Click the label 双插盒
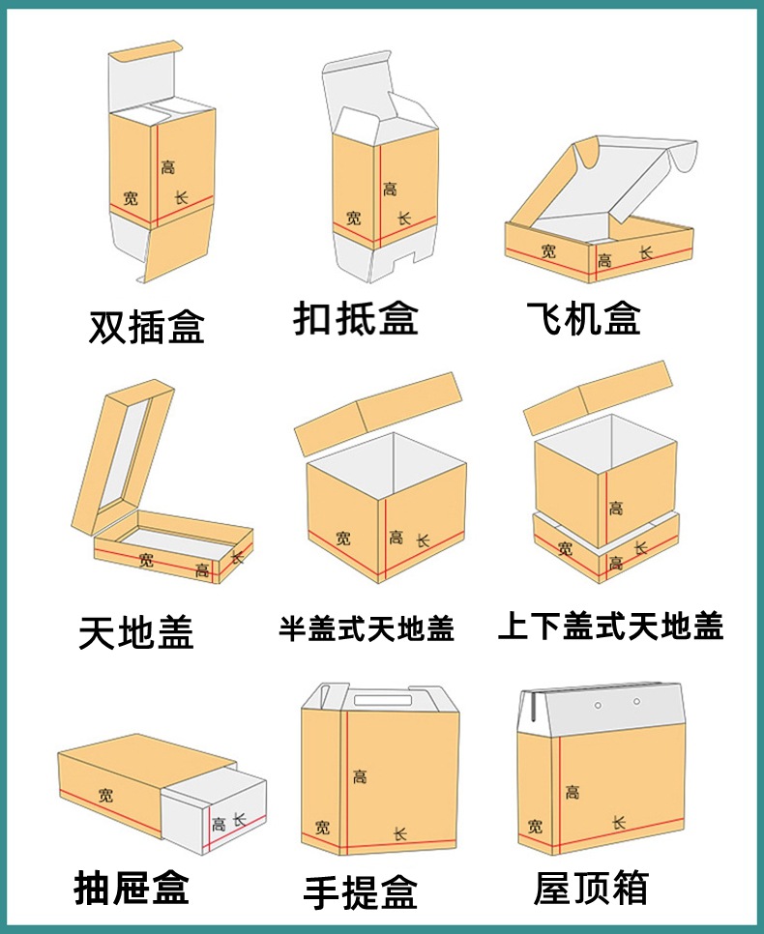(147, 328)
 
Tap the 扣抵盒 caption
(355, 318)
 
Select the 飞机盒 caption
(584, 318)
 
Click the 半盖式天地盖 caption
(367, 629)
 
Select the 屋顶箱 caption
(591, 888)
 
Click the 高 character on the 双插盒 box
(168, 166)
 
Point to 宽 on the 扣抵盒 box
(354, 219)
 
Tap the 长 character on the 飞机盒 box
(646, 252)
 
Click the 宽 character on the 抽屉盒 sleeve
(104, 795)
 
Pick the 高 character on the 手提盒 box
(360, 775)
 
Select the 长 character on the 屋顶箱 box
(618, 823)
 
